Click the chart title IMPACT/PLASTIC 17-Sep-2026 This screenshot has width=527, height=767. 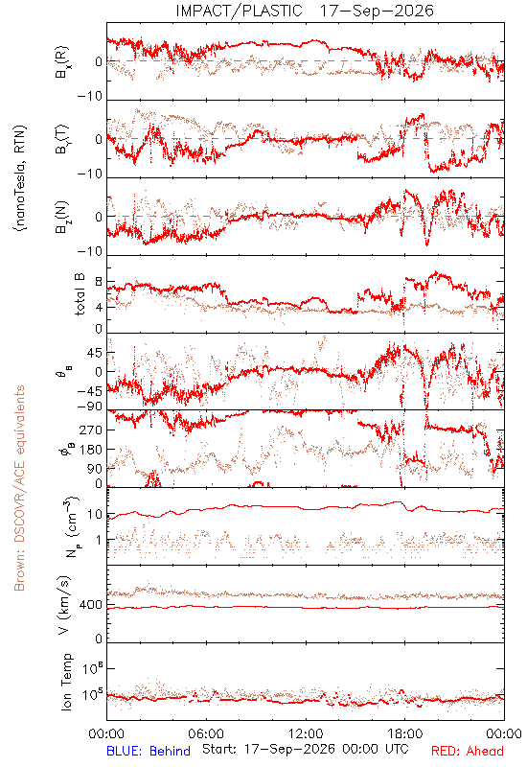tap(305, 11)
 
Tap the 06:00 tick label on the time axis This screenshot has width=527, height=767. tap(206, 733)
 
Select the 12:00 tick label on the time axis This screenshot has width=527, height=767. tap(306, 733)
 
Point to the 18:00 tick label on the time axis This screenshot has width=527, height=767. tap(405, 733)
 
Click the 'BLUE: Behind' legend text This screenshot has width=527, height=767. tap(149, 751)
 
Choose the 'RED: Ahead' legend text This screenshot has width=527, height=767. tap(468, 751)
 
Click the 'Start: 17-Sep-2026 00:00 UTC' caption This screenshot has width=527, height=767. tap(305, 749)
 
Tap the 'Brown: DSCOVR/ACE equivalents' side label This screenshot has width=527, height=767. tap(19, 488)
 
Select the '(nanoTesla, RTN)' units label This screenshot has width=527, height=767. tap(20, 177)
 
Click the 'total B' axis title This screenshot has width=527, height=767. tap(80, 294)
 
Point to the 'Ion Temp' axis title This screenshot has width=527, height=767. tap(66, 682)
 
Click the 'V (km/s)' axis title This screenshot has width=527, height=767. tap(65, 605)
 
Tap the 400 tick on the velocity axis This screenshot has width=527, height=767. tap(91, 605)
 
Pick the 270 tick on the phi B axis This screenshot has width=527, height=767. tap(91, 430)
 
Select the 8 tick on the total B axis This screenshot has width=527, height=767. tap(100, 282)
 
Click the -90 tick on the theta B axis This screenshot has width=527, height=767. tap(90, 407)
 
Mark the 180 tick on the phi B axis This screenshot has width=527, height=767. tap(91, 449)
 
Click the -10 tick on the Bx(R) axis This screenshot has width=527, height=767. tap(90, 97)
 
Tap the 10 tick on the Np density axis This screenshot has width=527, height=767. tap(95, 514)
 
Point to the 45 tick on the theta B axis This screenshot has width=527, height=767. tap(95, 353)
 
